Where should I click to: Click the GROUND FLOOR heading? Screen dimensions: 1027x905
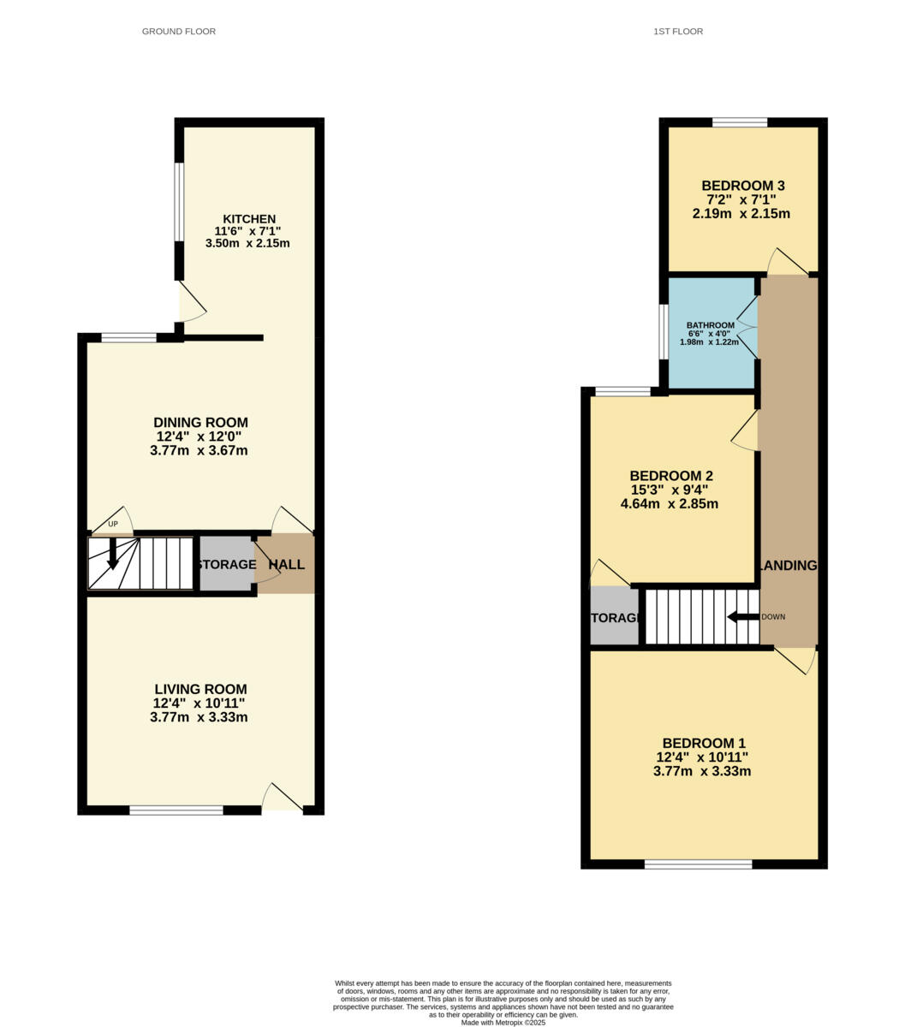coord(178,32)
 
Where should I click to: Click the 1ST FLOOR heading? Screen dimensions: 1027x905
coord(677,32)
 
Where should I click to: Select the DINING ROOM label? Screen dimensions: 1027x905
coord(200,422)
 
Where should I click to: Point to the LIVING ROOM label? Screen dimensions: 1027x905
coord(200,689)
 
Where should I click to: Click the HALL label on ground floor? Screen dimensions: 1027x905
coord(286,565)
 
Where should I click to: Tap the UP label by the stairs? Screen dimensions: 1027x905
coord(112,525)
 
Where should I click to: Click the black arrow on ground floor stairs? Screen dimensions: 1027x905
coord(112,556)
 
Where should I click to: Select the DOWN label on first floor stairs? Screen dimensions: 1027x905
coord(772,617)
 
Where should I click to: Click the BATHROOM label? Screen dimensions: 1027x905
coord(711,325)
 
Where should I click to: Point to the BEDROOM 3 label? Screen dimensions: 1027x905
coord(742,186)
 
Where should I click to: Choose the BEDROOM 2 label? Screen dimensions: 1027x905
coord(671,476)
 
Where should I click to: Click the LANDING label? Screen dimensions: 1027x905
coord(788,566)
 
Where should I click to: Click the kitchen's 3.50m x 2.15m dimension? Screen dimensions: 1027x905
coord(247,243)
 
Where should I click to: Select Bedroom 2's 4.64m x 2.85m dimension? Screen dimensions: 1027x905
coord(670,504)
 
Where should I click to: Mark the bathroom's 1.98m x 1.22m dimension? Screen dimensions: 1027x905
coord(709,341)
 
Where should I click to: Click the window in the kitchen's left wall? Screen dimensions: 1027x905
coord(179,202)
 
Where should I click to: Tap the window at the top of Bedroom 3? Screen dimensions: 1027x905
coord(740,122)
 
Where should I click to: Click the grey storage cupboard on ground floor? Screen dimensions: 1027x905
coord(225,564)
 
